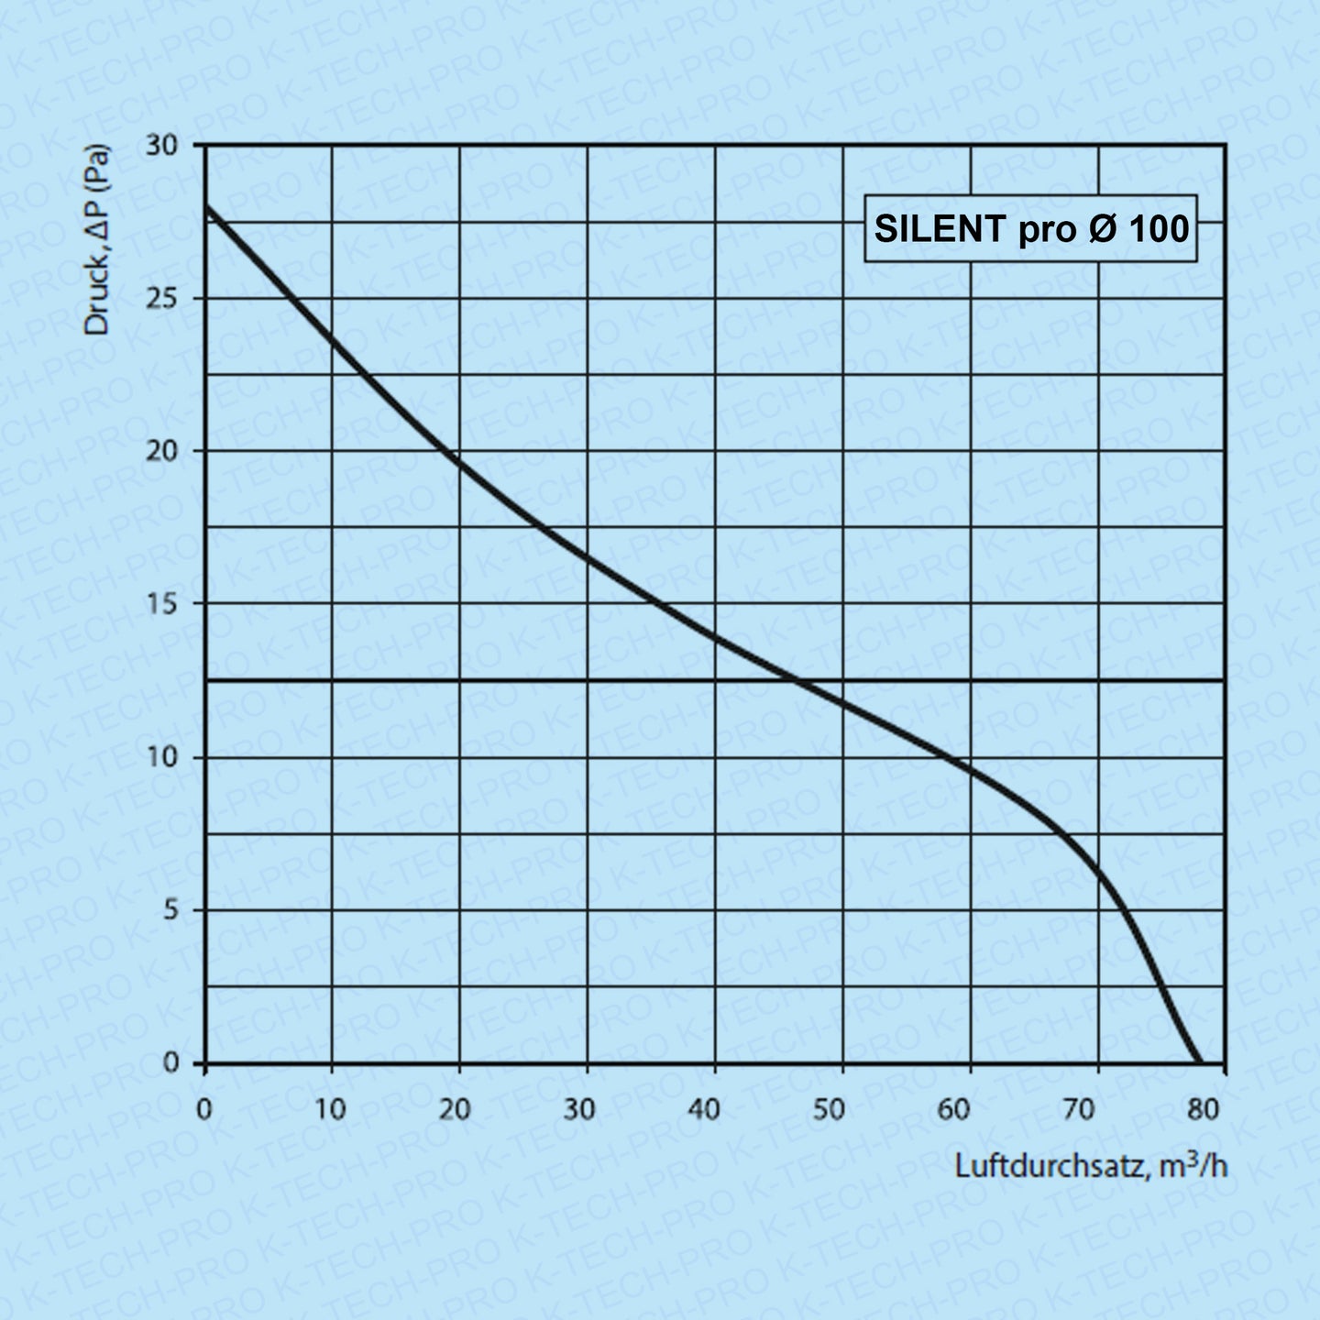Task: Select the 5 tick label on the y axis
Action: [x=170, y=910]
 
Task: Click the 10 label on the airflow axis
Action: [x=330, y=1110]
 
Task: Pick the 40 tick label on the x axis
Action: [x=703, y=1110]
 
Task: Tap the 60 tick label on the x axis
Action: [x=953, y=1110]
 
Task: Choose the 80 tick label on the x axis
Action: [x=1204, y=1110]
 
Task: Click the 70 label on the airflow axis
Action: [x=1079, y=1110]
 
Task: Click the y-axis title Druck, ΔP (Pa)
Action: [x=97, y=240]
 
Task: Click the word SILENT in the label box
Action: [x=940, y=229]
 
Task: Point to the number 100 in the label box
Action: [x=1159, y=229]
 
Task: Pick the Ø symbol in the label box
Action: [x=1103, y=229]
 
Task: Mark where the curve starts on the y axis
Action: [x=206, y=206]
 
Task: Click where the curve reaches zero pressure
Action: [x=1198, y=1062]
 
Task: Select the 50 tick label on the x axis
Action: [x=829, y=1110]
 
